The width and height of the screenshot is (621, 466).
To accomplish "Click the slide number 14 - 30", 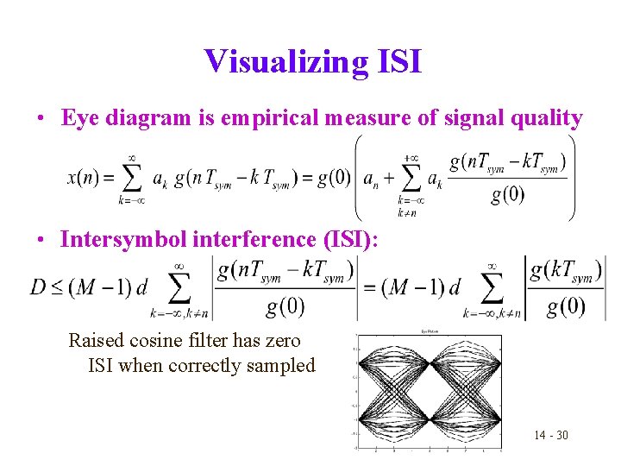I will click(550, 434).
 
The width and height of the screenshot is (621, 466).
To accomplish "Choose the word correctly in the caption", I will click(209, 365).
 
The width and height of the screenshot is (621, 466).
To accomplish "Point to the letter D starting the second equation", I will click(39, 287).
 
